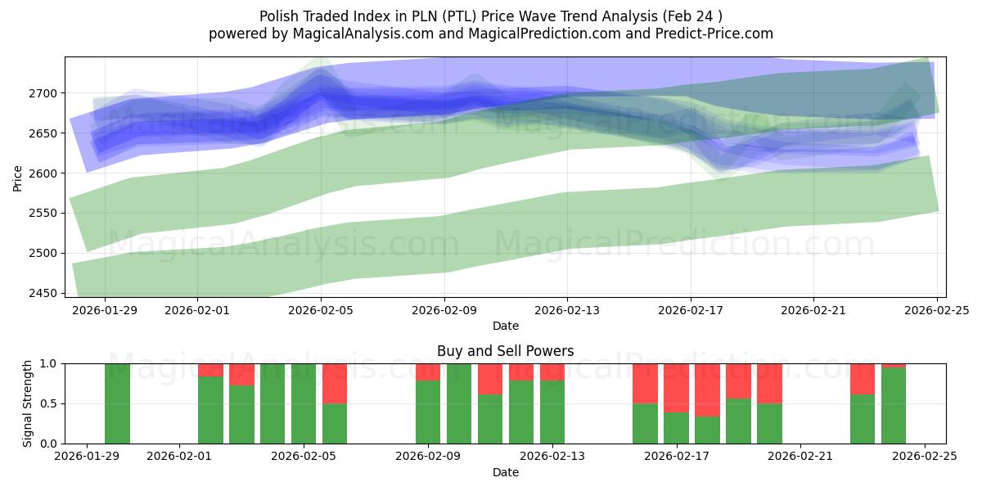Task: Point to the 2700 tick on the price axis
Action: click(x=46, y=93)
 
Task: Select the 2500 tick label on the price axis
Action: click(x=46, y=253)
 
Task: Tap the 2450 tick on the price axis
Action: click(x=46, y=293)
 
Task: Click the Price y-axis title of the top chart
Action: click(x=18, y=177)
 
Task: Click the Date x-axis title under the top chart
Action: click(x=505, y=326)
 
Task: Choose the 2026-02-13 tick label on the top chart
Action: click(x=567, y=311)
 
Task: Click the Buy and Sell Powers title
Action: click(x=505, y=351)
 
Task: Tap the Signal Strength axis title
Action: click(x=27, y=403)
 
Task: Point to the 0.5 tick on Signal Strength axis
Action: click(x=47, y=403)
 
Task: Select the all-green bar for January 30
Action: click(x=117, y=403)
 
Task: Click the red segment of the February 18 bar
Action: click(x=707, y=390)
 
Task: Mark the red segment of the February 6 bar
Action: click(x=335, y=383)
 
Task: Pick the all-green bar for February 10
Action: click(x=459, y=403)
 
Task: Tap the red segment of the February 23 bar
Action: click(x=863, y=379)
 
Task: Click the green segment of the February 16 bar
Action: click(x=645, y=424)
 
